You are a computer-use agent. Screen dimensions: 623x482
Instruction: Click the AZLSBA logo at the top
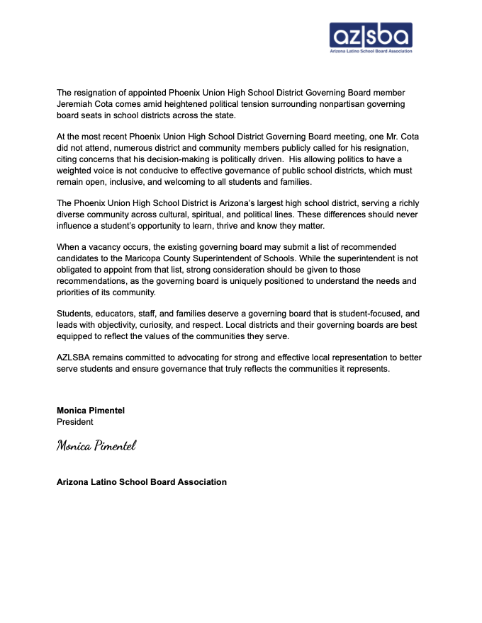coord(371,35)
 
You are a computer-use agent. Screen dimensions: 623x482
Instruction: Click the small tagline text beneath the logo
coord(371,51)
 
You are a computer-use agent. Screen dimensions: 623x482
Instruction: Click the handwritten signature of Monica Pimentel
coord(96,445)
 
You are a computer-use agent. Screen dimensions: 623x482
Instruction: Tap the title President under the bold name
coord(74,422)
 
